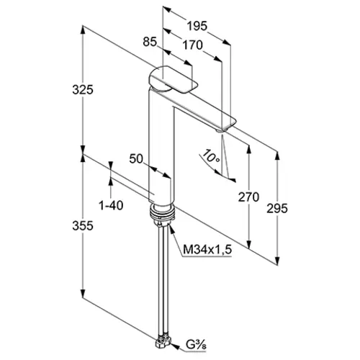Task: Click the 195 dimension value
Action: coord(197,26)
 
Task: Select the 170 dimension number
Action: coord(192,45)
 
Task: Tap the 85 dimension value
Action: coord(150,42)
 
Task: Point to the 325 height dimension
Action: coord(83,90)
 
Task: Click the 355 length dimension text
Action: coord(83,225)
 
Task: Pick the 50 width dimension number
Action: coord(136,158)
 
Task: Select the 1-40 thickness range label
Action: coord(111,205)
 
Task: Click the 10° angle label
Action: coord(210,156)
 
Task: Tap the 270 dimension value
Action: coord(248,197)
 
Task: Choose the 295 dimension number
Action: coord(277,208)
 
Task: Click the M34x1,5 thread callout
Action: coord(207,250)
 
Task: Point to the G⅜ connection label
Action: coord(196,345)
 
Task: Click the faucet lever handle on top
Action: coord(173,79)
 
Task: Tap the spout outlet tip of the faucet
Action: coord(221,130)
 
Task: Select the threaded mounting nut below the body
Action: coord(163,213)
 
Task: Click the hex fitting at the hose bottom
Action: coord(164,341)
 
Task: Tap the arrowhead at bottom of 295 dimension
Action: coord(277,259)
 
